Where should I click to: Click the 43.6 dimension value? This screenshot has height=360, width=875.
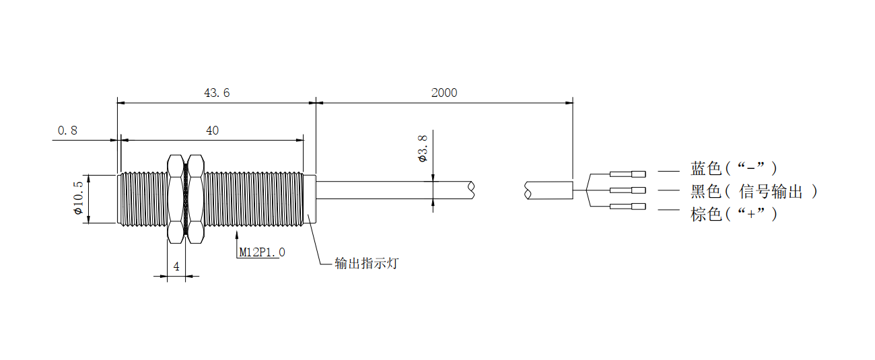tap(217, 93)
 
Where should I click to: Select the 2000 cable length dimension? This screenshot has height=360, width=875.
tap(444, 93)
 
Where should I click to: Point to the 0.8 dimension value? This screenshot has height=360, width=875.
tap(67, 131)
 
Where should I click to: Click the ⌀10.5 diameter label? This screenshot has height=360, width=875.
tap(78, 198)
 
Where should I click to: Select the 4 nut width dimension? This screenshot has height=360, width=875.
tap(176, 266)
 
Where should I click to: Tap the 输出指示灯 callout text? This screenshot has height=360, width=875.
tap(367, 263)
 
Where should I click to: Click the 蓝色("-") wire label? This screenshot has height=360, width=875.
tap(734, 168)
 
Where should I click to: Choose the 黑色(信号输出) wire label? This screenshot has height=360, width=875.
tap(754, 192)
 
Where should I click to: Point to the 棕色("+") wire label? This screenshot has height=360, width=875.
tap(734, 215)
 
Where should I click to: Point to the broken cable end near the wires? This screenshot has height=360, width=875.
tap(528, 191)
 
